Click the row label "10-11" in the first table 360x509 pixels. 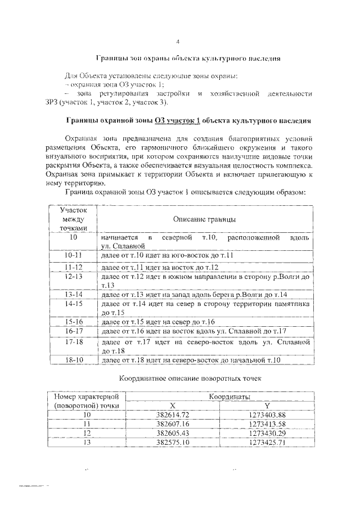(73, 256)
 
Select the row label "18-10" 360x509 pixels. (73, 360)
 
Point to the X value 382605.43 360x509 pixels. (173, 433)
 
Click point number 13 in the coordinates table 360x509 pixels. (86, 442)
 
